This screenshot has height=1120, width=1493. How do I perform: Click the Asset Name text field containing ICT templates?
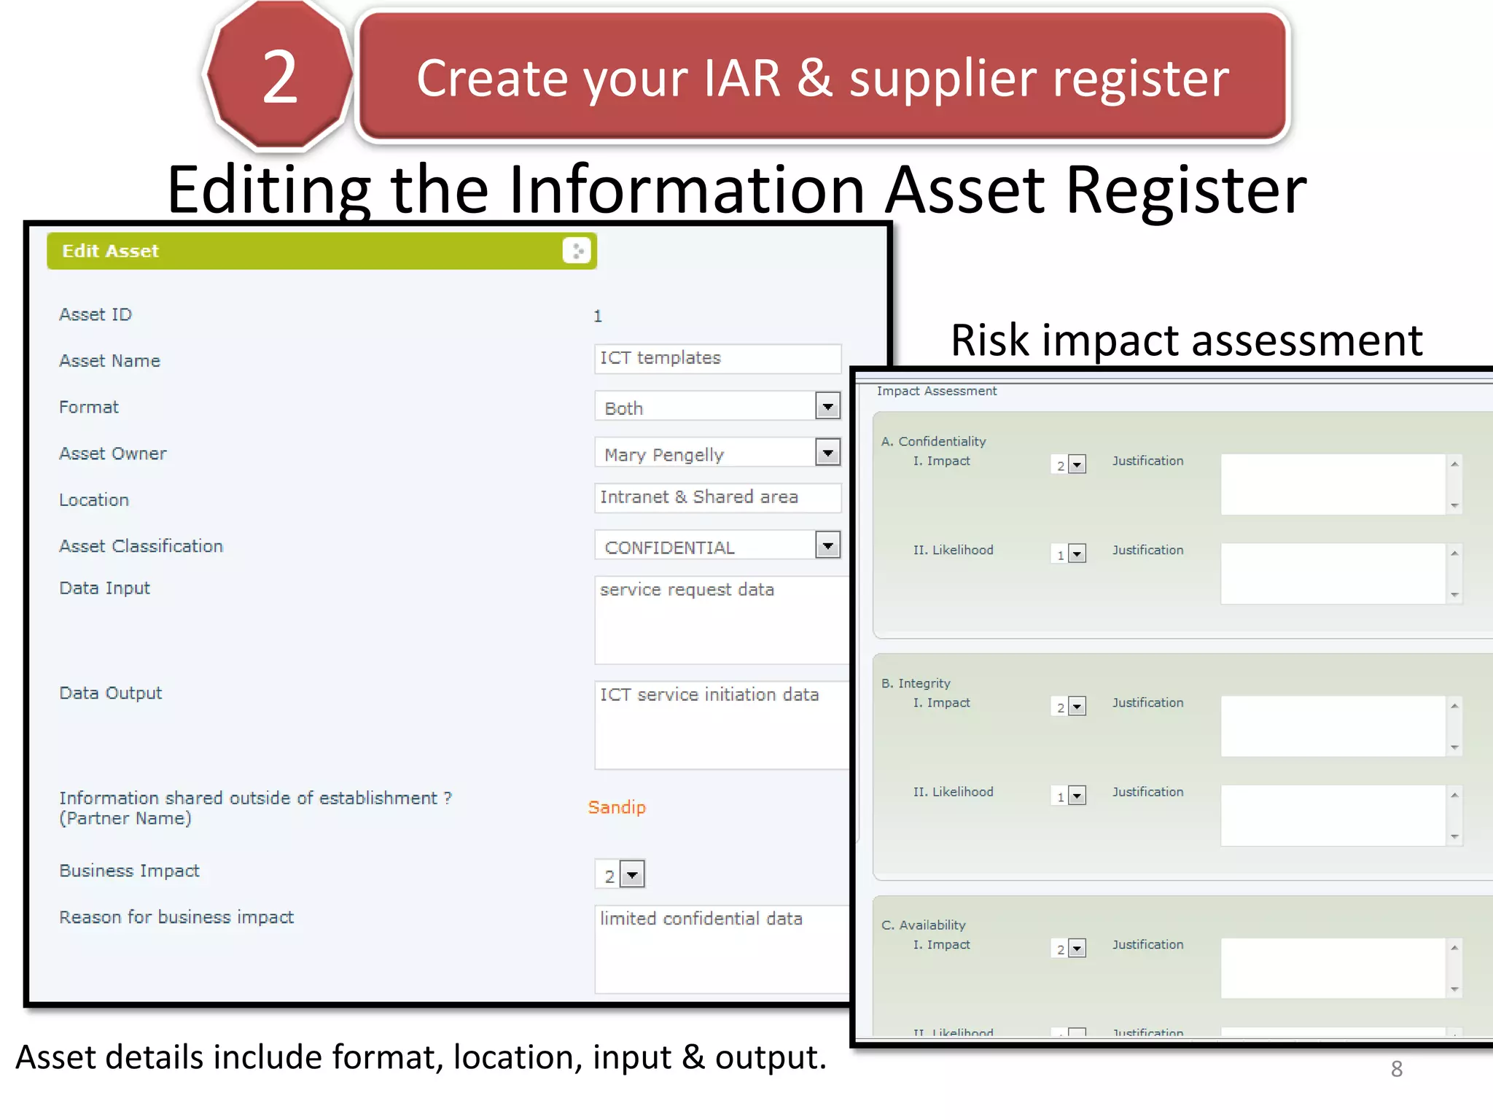[x=717, y=359]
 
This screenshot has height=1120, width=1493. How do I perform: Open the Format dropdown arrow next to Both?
[x=827, y=406]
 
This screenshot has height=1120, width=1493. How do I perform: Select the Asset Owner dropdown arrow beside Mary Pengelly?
[x=827, y=453]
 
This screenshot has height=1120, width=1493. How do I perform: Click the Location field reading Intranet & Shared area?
[x=717, y=498]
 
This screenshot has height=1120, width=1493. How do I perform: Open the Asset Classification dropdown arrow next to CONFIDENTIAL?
[x=827, y=545]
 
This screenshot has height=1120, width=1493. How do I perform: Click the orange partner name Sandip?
[x=617, y=807]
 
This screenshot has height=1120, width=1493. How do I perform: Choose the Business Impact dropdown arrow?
[x=633, y=874]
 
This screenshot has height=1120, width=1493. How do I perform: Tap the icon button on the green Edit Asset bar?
[x=577, y=251]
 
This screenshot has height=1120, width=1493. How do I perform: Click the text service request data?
[x=687, y=590]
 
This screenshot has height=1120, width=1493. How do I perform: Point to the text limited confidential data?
[x=701, y=919]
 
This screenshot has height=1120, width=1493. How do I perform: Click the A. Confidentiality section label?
[x=933, y=441]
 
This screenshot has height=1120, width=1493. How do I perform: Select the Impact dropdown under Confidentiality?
[x=1077, y=464]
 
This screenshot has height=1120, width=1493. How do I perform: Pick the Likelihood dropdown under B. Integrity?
[x=1077, y=796]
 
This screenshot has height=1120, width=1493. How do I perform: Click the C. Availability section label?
[x=923, y=925]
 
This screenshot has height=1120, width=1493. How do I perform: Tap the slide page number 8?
[x=1396, y=1069]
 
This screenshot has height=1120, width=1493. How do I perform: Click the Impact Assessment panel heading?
[x=936, y=392]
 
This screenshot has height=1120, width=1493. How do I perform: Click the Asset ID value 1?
[x=598, y=316]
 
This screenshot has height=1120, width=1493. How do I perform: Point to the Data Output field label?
[x=111, y=693]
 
